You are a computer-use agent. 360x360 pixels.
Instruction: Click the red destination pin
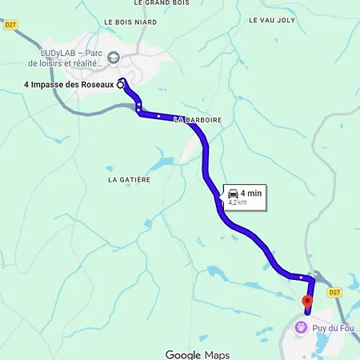306,301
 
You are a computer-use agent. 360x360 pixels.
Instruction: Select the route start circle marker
120,83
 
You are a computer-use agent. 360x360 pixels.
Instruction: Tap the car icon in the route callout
233,194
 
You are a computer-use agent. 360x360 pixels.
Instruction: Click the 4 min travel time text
251,194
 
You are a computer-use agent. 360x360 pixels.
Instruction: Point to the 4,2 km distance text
238,203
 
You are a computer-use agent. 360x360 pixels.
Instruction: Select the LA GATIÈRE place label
130,180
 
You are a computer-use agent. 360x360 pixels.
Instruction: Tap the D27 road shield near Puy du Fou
334,292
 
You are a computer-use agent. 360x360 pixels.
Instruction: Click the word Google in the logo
182,354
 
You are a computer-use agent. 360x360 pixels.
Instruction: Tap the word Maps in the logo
217,354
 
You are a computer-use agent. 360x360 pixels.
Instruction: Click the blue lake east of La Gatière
160,164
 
